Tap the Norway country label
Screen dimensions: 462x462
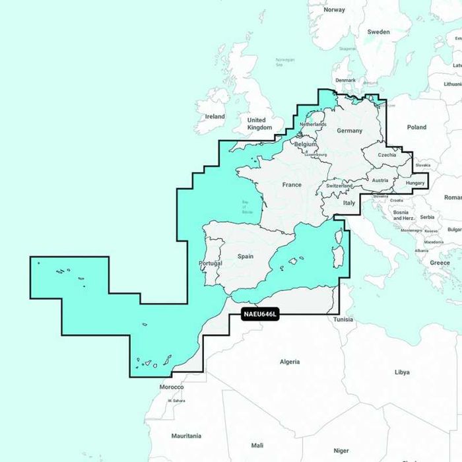335,10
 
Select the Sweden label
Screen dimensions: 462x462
378,32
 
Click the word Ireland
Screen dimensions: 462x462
214,116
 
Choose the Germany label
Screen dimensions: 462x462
349,131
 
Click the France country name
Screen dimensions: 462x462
292,185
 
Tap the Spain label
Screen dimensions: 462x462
245,256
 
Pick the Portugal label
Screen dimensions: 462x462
211,263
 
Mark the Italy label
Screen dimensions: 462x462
349,203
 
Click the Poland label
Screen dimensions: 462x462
416,127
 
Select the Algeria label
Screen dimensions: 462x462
290,362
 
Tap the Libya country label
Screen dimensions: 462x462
401,372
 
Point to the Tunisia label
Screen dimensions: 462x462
343,319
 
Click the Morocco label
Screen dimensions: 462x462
172,387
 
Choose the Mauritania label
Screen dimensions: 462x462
186,436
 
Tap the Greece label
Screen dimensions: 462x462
440,263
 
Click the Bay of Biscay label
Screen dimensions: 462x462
247,209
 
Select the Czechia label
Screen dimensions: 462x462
387,155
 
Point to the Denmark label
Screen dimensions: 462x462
345,81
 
